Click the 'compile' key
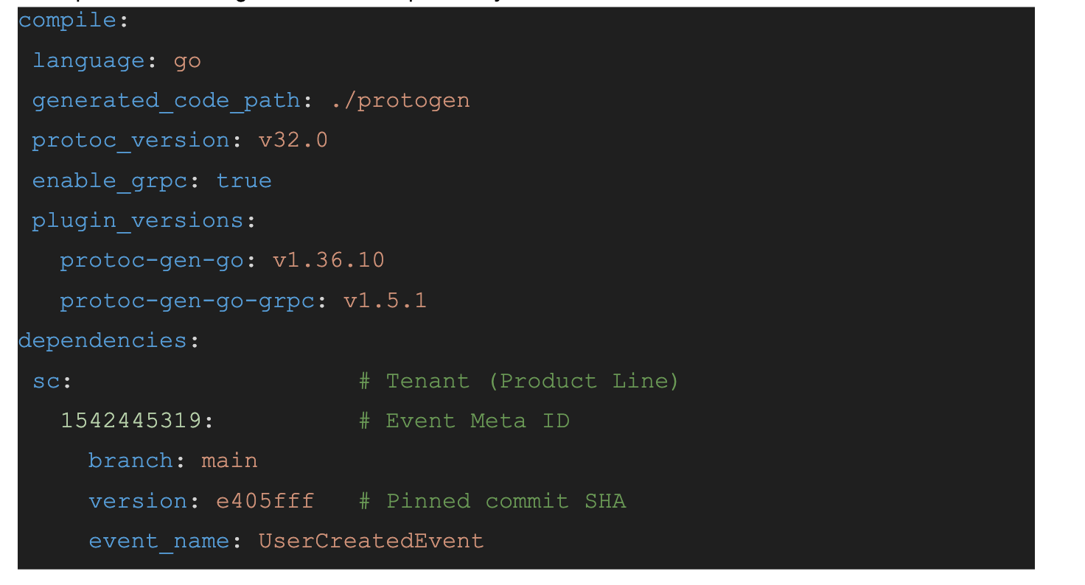coord(67,21)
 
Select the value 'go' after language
coord(187,60)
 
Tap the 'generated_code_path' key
coord(166,100)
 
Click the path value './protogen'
coord(400,100)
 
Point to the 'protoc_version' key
coord(130,140)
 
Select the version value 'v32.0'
coord(293,140)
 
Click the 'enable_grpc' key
coord(110,181)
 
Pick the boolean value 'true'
coord(244,181)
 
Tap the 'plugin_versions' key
coord(137,220)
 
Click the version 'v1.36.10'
coord(329,260)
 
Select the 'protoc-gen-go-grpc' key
coord(187,301)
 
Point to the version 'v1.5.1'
coord(385,301)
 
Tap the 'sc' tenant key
coord(46,381)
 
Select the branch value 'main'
coord(229,460)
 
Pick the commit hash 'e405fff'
coord(265,501)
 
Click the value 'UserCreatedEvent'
coord(371,541)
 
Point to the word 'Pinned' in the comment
coord(428,501)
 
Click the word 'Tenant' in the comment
coord(428,381)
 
